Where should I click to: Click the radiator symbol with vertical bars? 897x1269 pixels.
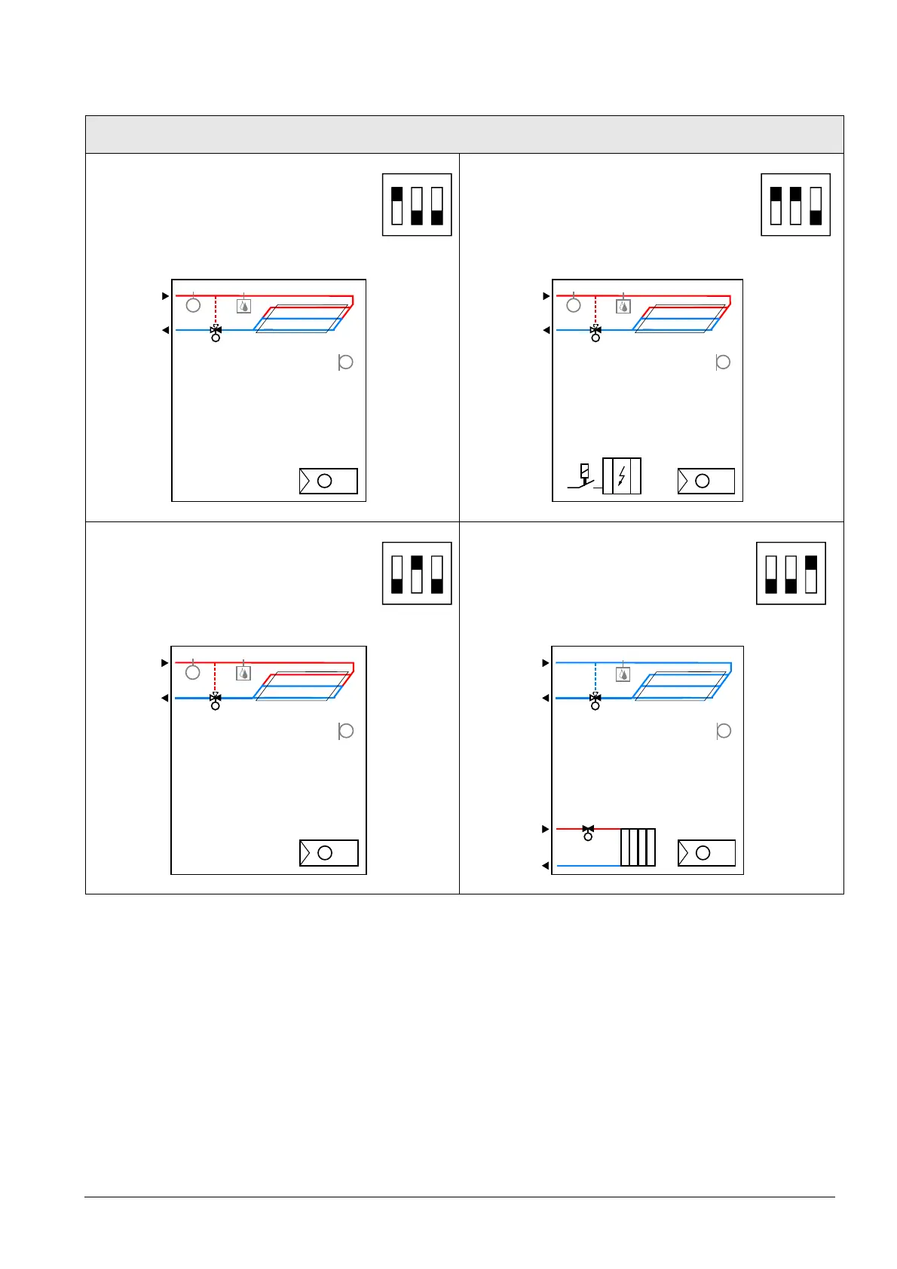point(638,847)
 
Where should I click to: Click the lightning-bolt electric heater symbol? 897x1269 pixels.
point(622,476)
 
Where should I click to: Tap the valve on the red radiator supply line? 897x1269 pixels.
point(588,830)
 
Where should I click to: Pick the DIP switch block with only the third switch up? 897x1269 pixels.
point(791,573)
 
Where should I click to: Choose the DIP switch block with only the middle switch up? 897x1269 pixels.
point(417,573)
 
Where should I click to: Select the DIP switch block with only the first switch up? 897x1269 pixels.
point(417,205)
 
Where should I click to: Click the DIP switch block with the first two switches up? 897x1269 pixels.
point(795,205)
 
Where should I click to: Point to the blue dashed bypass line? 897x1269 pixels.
point(595,678)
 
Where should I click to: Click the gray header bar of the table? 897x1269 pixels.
point(464,134)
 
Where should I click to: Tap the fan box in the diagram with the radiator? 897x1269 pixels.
point(706,853)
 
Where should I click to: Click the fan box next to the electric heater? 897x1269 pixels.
point(706,481)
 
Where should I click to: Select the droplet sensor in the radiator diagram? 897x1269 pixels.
point(623,674)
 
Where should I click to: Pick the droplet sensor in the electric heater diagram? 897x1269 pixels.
point(623,307)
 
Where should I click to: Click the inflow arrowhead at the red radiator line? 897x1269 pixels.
point(546,829)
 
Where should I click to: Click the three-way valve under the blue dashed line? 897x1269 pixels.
point(595,700)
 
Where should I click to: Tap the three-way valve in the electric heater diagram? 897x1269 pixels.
point(595,331)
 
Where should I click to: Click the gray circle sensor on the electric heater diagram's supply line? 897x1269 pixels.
point(574,305)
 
